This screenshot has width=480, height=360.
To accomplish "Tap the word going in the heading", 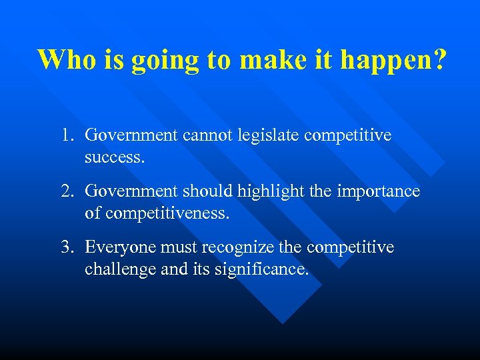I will coord(165,61).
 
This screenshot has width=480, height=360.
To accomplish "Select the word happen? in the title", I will coord(394,61).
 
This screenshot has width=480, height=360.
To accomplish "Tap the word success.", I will coord(114,159).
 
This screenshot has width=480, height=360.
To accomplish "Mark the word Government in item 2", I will coord(131,192).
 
